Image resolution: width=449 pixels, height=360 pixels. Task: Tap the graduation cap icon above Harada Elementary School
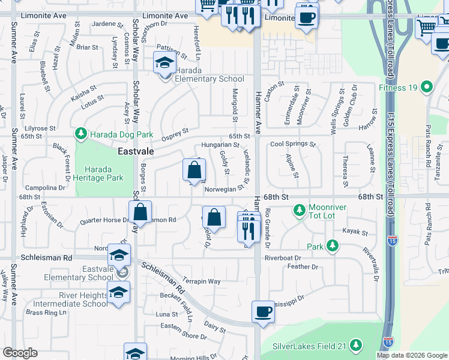point(163,62)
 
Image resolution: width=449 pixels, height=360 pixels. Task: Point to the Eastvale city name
point(135,152)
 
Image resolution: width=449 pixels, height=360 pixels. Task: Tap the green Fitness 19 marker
point(427,88)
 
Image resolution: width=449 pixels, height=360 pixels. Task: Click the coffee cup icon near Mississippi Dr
point(262,312)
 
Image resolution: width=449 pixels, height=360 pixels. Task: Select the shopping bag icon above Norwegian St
point(194,171)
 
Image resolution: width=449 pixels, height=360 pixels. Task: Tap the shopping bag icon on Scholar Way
point(140,212)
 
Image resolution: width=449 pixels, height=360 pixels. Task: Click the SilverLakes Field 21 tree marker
point(357,346)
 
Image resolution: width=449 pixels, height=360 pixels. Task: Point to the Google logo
point(20,353)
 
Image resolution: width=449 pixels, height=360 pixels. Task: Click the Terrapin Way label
point(202,281)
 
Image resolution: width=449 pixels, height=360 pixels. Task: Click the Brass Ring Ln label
point(46,313)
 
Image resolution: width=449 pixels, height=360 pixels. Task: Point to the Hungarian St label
point(220,145)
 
